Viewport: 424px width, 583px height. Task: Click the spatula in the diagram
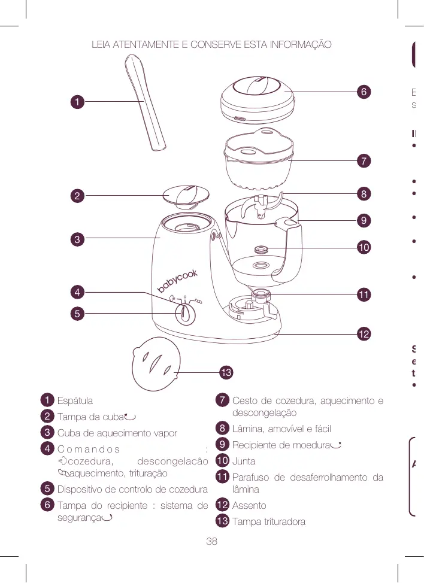[144, 102]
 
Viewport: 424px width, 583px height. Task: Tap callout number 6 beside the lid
[364, 92]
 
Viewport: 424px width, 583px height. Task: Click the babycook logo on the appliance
[177, 281]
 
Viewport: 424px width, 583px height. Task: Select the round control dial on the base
[186, 314]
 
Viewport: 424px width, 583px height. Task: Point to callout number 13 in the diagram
[226, 372]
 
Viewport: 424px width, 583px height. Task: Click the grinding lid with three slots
[156, 363]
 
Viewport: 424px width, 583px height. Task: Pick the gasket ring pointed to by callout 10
[261, 249]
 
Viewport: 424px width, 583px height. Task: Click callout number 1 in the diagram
[77, 102]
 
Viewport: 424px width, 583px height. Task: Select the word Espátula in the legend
[75, 401]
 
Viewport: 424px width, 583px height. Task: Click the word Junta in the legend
[244, 461]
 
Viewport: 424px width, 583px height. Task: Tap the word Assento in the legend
[249, 506]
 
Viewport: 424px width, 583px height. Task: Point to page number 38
[211, 541]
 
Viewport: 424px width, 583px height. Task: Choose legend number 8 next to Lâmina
[222, 429]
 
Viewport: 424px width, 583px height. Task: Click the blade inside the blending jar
[261, 207]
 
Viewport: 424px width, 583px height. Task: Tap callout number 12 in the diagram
[364, 333]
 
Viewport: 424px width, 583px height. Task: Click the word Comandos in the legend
[89, 450]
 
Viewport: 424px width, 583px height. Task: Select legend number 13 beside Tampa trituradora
[222, 521]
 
